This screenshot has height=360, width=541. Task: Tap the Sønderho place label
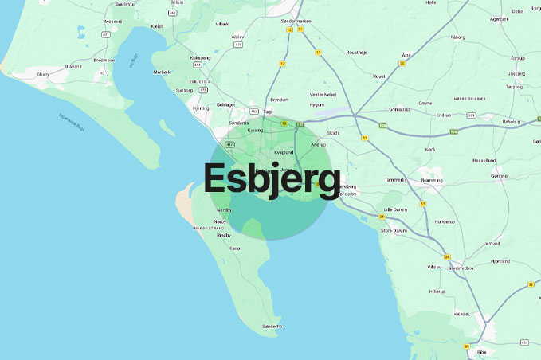(x=273, y=326)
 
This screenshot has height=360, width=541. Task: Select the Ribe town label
(x=481, y=351)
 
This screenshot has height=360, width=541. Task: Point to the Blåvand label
(x=74, y=66)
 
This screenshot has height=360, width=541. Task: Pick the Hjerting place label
(x=201, y=108)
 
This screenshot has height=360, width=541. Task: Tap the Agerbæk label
(x=500, y=18)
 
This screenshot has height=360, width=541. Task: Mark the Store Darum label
(x=394, y=230)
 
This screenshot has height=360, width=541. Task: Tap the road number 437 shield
(x=523, y=342)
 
